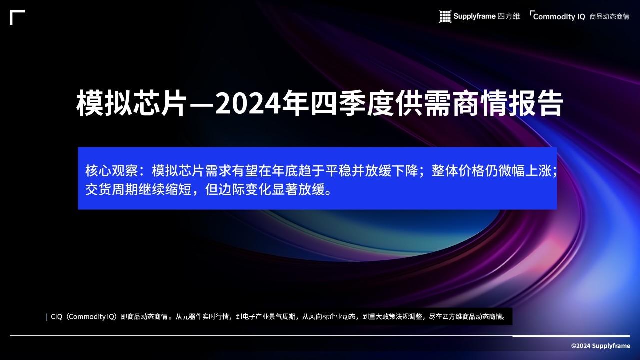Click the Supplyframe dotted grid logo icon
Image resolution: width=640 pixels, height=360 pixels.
coord(445,16)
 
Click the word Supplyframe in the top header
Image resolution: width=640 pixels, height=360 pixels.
coord(474,16)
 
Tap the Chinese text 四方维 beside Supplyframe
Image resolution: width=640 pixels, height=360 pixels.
coord(509,16)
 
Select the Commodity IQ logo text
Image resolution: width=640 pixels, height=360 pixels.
coord(559,17)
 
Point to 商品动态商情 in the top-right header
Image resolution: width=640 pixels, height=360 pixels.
coord(609,17)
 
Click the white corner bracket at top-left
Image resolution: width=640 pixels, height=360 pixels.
coord(17,17)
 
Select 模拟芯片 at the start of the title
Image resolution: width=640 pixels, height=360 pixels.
coord(131,104)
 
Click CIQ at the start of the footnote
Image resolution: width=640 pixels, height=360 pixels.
coord(56,317)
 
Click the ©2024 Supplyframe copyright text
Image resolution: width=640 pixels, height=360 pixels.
coord(600,346)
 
